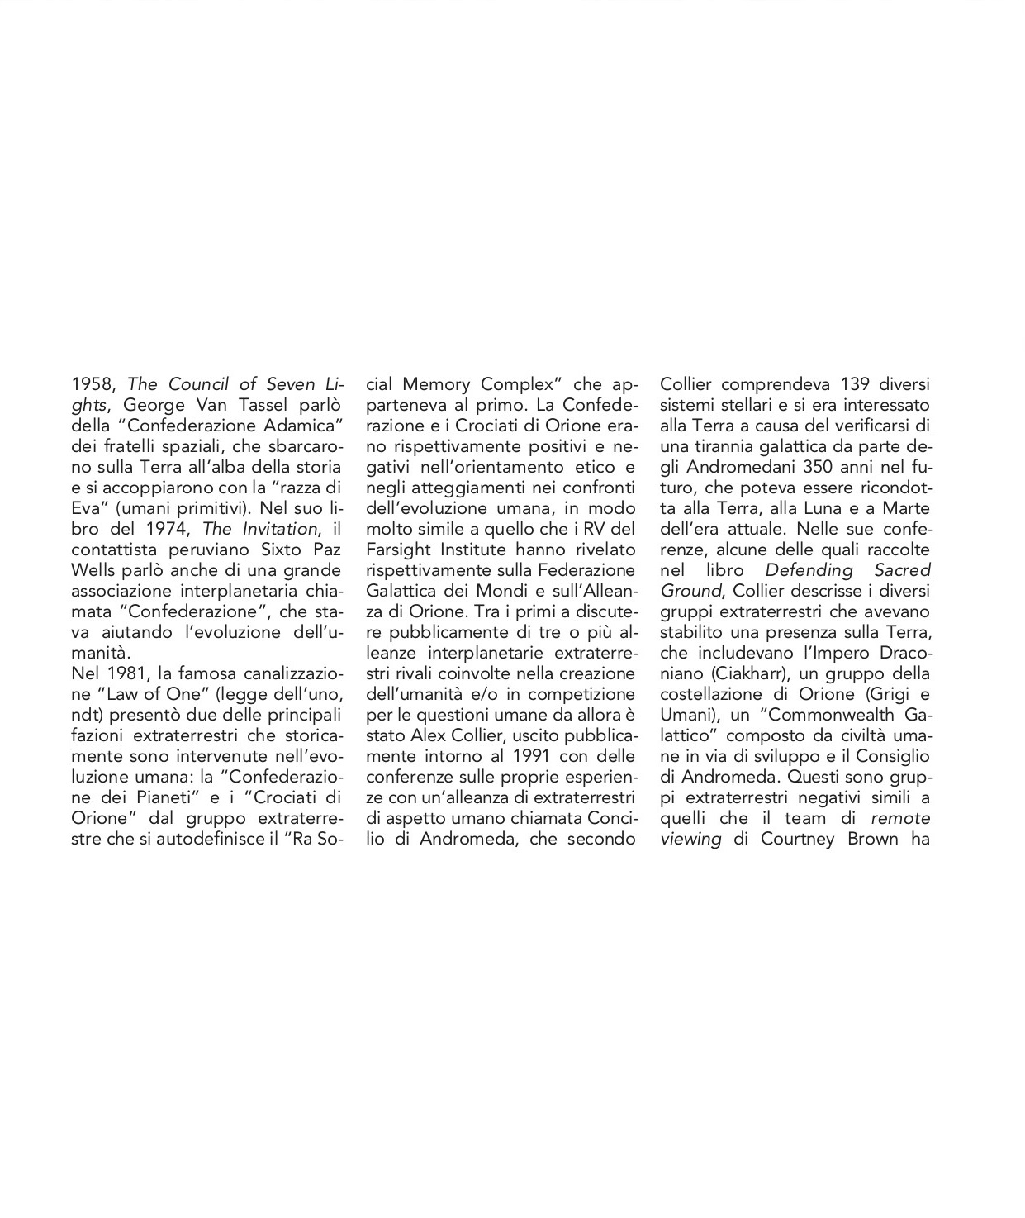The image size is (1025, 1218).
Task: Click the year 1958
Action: coord(92,385)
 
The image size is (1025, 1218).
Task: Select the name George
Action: coord(151,406)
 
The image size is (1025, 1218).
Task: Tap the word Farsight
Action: coord(399,550)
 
